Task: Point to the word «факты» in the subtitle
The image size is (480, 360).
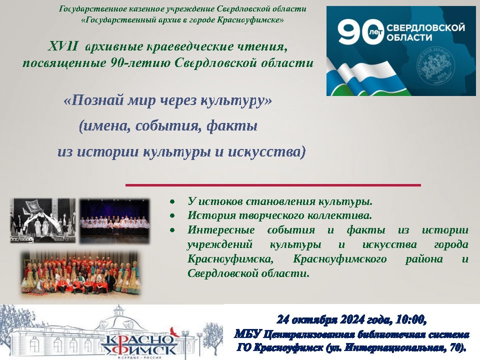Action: click(x=231, y=126)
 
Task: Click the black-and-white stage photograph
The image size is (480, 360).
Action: click(x=42, y=220)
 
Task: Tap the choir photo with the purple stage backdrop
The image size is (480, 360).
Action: click(x=114, y=221)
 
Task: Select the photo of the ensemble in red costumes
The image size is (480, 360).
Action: click(x=81, y=273)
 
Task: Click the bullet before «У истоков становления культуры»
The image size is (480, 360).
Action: click(x=172, y=202)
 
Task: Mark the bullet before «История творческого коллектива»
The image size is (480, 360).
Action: click(x=172, y=216)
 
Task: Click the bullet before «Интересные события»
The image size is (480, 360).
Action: click(x=172, y=230)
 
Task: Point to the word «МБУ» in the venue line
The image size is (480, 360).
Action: click(x=247, y=334)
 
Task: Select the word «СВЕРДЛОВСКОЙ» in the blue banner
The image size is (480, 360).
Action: click(x=426, y=27)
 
